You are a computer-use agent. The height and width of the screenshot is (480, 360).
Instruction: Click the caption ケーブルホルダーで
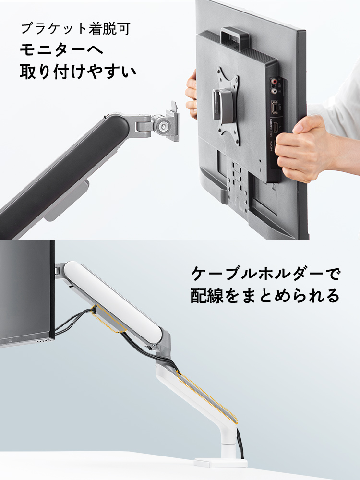(265, 275)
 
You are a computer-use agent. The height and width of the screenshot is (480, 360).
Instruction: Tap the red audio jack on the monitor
(275, 82)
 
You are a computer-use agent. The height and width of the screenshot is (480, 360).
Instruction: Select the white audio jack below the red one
(275, 90)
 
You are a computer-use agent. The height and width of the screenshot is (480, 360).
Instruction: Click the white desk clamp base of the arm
(220, 462)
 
